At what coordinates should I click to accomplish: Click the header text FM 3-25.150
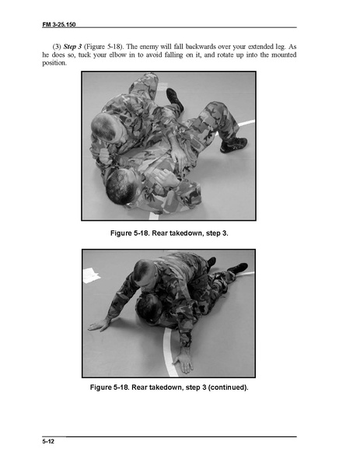59,24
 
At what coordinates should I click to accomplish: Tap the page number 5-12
48,441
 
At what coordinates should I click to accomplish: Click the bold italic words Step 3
72,47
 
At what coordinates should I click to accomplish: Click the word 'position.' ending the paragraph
54,63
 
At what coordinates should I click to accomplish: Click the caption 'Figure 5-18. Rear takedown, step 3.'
169,233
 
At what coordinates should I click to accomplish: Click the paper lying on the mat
92,275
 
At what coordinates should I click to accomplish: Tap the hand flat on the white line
183,360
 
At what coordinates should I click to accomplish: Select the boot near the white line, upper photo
233,145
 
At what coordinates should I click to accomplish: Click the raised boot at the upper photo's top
175,99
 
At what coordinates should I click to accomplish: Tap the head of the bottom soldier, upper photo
122,187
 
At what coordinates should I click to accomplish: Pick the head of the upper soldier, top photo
103,128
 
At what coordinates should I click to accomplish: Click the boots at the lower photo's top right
228,265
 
